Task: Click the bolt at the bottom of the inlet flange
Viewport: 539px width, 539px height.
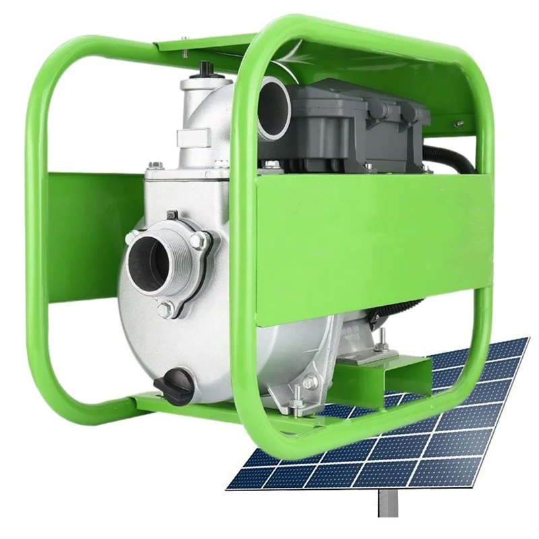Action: (x=164, y=311)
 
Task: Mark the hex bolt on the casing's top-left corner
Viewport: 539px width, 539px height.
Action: (x=154, y=165)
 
